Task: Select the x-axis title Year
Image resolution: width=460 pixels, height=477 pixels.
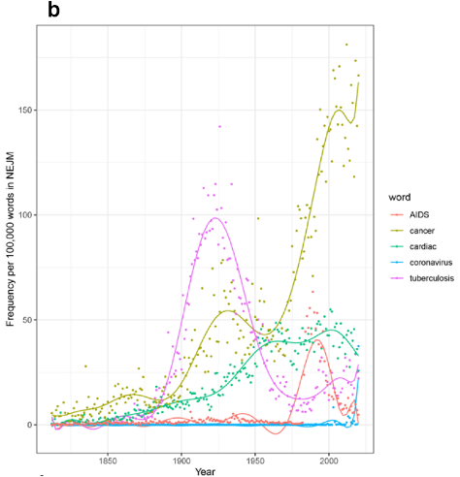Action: (205, 470)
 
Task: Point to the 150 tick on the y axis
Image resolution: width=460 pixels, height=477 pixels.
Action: (26, 111)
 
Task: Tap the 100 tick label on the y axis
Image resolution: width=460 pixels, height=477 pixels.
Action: (26, 214)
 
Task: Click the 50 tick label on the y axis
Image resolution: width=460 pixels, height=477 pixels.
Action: (29, 319)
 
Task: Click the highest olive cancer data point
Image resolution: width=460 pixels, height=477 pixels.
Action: (346, 45)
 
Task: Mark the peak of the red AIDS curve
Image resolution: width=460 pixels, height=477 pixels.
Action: (318, 340)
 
